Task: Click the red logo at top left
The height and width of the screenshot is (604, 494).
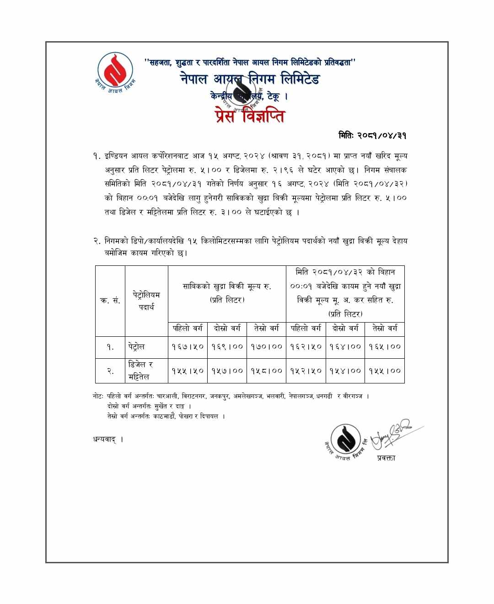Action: coord(115,72)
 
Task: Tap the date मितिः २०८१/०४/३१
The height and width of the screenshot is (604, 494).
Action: coord(372,135)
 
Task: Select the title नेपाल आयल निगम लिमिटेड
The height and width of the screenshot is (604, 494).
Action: coord(250,79)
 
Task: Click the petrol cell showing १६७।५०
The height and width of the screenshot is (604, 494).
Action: coord(188,347)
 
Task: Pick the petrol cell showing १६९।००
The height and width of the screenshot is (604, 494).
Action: coord(227,347)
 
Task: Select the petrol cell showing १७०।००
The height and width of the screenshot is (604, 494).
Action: coord(266,347)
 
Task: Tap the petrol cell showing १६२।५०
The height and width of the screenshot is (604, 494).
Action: coord(306,347)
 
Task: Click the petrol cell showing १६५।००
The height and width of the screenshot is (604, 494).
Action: coord(385,347)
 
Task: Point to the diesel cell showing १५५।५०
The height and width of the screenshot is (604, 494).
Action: coord(188,371)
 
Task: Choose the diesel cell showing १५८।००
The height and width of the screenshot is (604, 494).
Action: coord(266,371)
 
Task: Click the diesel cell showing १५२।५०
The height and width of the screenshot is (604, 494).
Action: coord(306,371)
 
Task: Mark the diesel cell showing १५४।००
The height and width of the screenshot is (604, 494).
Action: coord(345,371)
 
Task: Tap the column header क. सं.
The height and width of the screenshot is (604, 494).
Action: coord(110,301)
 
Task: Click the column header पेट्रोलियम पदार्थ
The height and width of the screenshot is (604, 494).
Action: coord(146,301)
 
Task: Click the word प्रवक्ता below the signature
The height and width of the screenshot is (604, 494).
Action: coord(386,458)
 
